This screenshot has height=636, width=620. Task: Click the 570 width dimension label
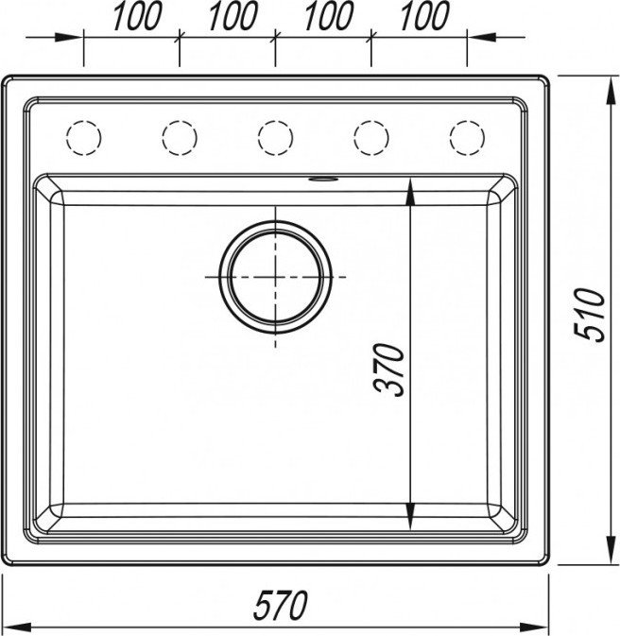tap(280, 605)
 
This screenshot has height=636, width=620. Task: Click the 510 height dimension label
tap(590, 315)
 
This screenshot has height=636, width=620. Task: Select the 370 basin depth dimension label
tap(389, 370)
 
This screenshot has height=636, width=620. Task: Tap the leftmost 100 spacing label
tap(137, 15)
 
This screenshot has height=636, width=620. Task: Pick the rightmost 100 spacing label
tap(424, 15)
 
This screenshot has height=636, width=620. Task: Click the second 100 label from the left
tap(232, 15)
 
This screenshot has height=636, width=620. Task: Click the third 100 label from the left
tap(329, 15)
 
